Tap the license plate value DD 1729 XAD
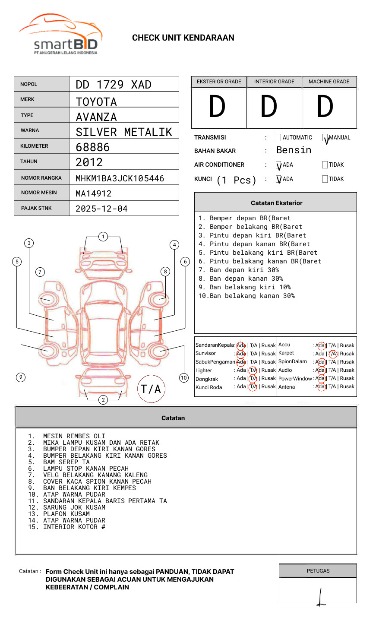point(114,85)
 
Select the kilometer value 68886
point(93,147)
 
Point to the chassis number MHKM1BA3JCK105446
point(120,178)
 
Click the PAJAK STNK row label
point(36,208)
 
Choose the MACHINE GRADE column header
point(329,82)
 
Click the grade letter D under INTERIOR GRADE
point(269,106)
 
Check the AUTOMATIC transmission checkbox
point(278,137)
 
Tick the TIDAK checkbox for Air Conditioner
point(325,165)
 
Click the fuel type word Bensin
point(294,150)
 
